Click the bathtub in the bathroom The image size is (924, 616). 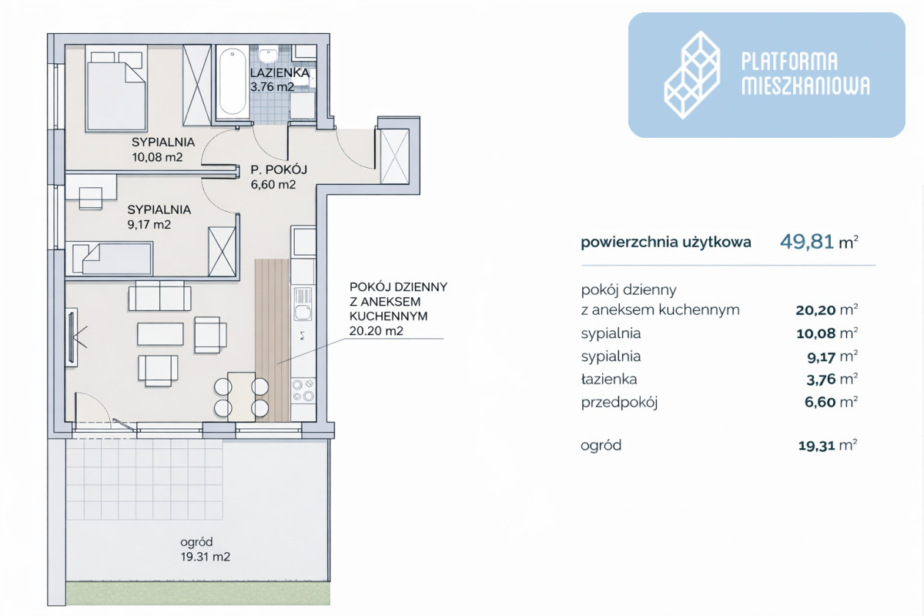tap(233, 82)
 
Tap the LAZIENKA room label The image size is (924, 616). tap(280, 72)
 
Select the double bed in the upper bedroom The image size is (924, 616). tap(116, 89)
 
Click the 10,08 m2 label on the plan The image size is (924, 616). tap(157, 157)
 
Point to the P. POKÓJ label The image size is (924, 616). tap(279, 169)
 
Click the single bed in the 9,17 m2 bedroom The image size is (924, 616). tap(112, 258)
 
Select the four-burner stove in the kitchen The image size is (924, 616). tap(303, 390)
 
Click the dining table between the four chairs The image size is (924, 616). tap(241, 397)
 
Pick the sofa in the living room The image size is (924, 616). tap(159, 296)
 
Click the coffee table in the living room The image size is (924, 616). tap(160, 334)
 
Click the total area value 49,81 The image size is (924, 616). tap(801, 241)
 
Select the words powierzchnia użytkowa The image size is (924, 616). tap(666, 243)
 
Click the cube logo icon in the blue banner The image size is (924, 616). tap(692, 75)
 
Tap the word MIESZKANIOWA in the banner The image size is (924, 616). tap(805, 85)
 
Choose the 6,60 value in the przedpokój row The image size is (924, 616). tap(819, 402)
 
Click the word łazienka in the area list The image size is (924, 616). tap(609, 379)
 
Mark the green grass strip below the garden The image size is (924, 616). tap(198, 594)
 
